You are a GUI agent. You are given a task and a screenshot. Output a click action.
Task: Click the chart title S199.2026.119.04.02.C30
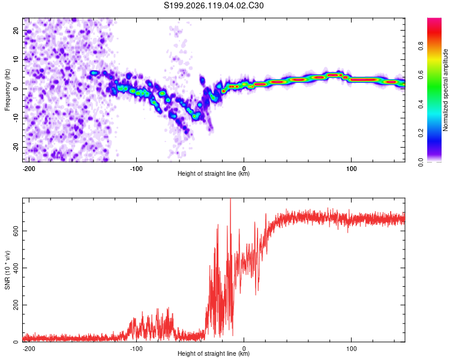pos(214,5)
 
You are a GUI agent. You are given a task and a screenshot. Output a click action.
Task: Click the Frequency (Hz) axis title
pos(7,90)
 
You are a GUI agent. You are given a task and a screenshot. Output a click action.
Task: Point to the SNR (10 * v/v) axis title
pos(7,270)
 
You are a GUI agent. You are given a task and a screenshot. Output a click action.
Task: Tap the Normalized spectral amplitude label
pos(445,90)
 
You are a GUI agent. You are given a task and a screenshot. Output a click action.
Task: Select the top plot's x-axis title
pos(214,173)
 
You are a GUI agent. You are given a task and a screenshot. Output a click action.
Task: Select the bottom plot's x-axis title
pos(214,353)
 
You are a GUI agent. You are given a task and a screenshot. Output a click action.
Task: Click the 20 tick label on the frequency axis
pos(16,30)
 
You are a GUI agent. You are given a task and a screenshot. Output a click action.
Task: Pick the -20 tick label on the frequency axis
pos(16,147)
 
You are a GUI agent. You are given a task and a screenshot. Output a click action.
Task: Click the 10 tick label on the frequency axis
pos(16,59)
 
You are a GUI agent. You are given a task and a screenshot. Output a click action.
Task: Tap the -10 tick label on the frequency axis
pos(16,118)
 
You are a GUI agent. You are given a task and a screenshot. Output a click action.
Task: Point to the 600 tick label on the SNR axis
pos(16,231)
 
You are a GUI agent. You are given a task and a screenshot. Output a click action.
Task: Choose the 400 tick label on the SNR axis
pos(16,268)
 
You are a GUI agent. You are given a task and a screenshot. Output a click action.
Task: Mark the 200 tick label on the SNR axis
pos(16,305)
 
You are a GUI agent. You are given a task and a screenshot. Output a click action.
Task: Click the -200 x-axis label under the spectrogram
pos(29,169)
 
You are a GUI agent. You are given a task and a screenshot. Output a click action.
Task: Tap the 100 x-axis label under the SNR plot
pos(351,349)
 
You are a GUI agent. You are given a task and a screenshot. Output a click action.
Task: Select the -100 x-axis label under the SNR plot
pos(136,349)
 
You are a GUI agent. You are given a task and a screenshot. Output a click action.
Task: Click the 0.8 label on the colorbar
pos(421,46)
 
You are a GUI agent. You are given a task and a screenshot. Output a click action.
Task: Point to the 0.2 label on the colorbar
pos(421,133)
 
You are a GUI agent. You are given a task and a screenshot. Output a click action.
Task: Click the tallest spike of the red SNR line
pos(230,199)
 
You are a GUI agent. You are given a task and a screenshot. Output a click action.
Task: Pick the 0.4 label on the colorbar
pos(421,104)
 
